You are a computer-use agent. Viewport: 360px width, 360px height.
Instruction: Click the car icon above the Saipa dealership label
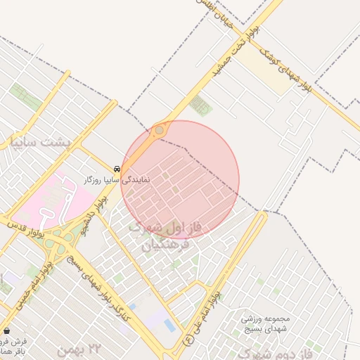pos(116,169)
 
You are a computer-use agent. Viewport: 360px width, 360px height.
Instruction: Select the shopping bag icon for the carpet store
pos(7,330)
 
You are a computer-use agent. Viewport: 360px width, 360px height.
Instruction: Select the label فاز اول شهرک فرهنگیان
pos(166,236)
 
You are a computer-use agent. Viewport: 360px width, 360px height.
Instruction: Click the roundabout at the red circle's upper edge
pos(160,130)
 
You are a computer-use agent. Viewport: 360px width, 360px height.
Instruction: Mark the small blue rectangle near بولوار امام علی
pos(170,325)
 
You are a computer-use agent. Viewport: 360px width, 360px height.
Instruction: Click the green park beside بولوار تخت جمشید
pos(200,105)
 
